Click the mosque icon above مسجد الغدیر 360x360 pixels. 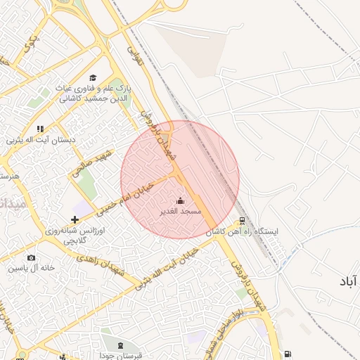(180, 201)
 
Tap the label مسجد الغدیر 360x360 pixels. (181, 211)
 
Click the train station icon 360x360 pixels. (243, 221)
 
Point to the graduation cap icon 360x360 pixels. (93, 78)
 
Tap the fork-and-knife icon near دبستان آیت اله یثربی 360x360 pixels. (40, 129)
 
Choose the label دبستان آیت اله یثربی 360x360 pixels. (40, 140)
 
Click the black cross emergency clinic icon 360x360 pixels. (75, 220)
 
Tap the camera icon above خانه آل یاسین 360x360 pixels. (31, 258)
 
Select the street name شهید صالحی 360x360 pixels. (92, 162)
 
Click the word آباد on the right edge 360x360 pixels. (347, 281)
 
